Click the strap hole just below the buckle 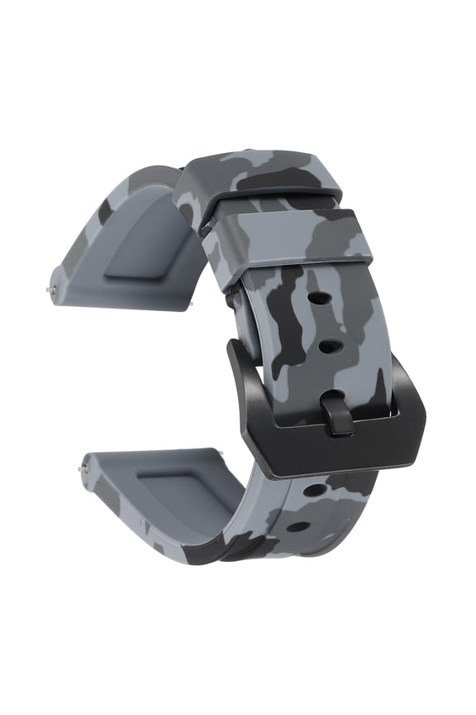(x=313, y=490)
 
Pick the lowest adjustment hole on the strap (x=298, y=526)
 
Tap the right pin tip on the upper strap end (x=191, y=304)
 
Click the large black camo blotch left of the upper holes (x=289, y=331)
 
